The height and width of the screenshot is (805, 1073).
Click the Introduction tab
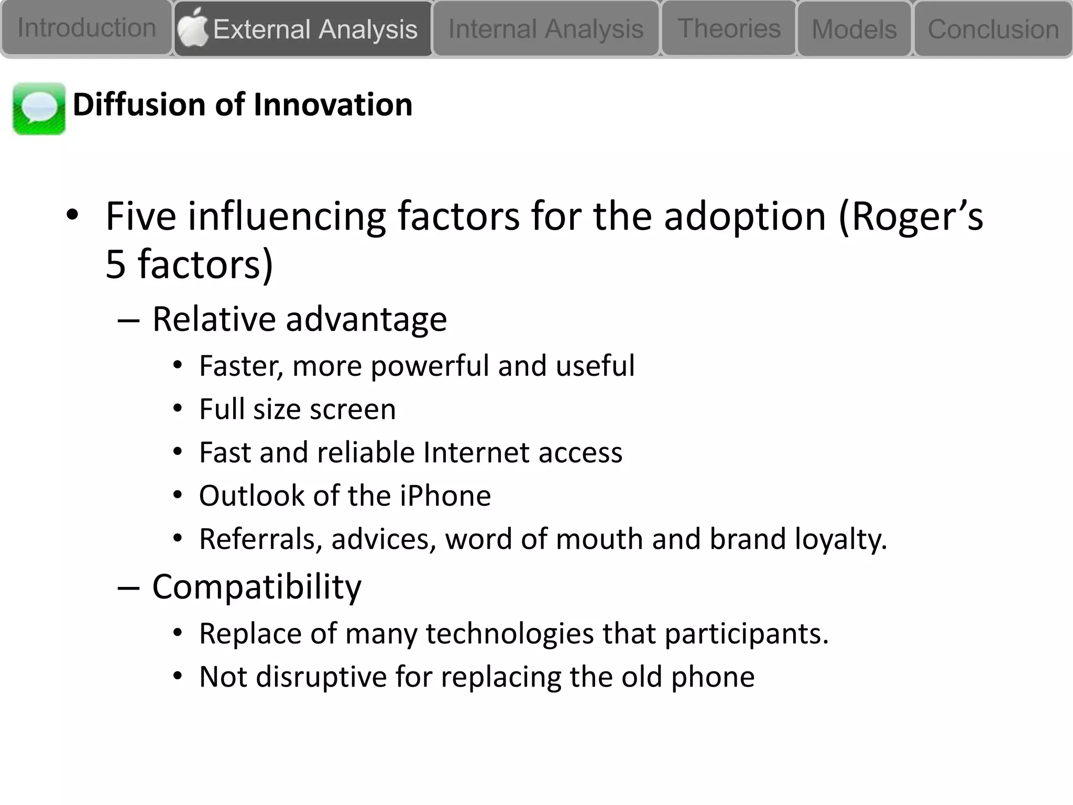pos(86,28)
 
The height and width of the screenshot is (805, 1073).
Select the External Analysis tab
pos(315,29)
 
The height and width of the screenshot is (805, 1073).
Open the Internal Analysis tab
pos(545,29)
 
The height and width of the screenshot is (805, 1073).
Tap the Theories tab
pos(729,28)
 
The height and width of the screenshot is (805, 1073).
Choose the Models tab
pos(854,29)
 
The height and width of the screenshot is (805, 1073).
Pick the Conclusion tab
pos(993,29)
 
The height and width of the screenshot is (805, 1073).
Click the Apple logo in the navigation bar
pos(192,27)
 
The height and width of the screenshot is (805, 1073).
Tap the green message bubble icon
pos(39,108)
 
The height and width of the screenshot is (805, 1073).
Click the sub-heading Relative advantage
pos(299,319)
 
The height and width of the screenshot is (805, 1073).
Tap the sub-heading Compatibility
pos(256,586)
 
